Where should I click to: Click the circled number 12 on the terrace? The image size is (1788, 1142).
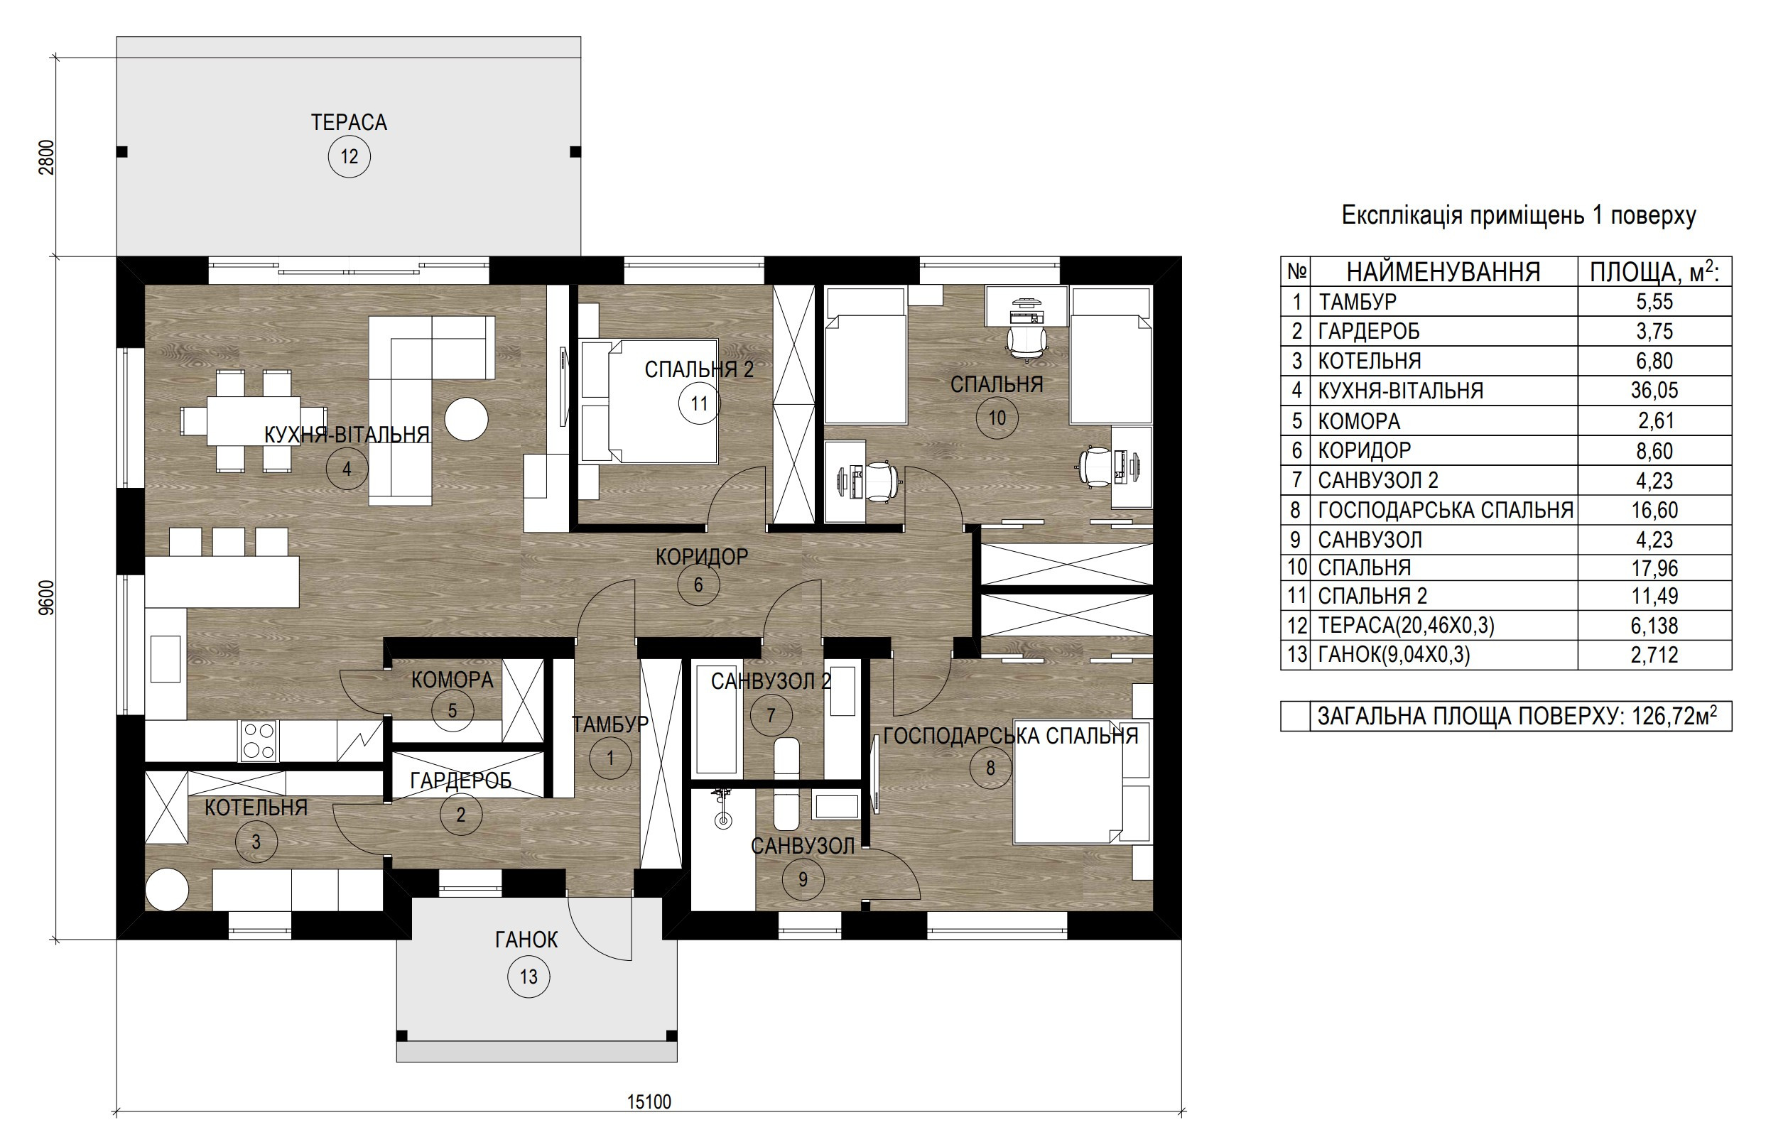click(x=349, y=157)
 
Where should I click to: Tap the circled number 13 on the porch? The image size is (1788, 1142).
click(x=529, y=977)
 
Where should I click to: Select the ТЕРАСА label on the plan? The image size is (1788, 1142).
click(x=349, y=121)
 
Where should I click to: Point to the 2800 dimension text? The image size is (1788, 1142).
click(x=47, y=158)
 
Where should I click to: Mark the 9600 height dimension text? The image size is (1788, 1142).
click(x=47, y=598)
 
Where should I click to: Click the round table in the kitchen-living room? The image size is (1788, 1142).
click(x=466, y=420)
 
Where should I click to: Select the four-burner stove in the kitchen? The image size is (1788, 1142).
click(x=259, y=741)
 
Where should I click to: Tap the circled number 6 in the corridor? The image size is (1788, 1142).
click(x=699, y=584)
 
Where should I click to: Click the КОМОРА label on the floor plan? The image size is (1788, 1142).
click(x=453, y=680)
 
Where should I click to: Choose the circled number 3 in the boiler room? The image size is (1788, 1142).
click(x=256, y=842)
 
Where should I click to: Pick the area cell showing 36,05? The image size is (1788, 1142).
click(x=1654, y=391)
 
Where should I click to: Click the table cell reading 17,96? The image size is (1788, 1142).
click(x=1654, y=568)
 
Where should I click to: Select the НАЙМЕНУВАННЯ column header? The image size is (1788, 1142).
click(x=1443, y=273)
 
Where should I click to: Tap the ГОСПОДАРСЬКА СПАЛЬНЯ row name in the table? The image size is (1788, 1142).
click(x=1445, y=510)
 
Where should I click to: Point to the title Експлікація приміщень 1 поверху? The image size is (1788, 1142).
click(x=1519, y=215)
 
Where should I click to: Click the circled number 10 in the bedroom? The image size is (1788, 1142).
click(x=997, y=418)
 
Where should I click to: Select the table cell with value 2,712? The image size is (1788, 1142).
click(x=1654, y=655)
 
